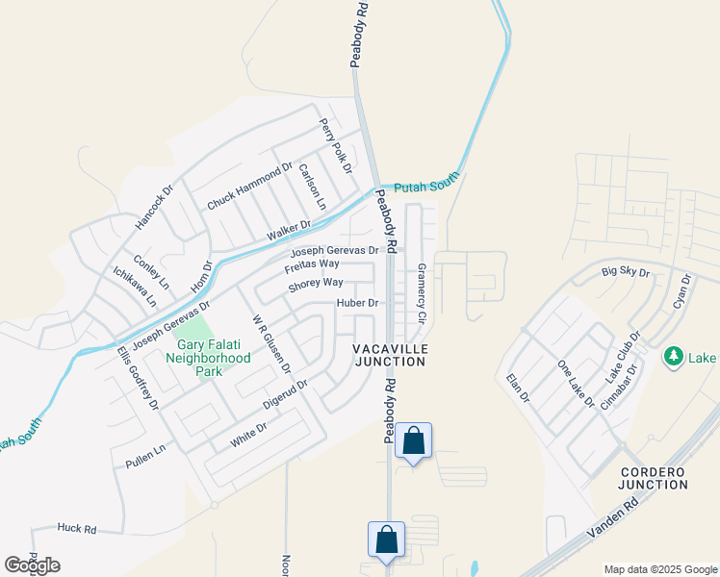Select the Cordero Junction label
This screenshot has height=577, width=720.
pos(654,478)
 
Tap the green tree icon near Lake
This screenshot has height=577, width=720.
pos(674,358)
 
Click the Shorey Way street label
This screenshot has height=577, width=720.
pos(316,283)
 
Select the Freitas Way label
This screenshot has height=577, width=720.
pos(312,263)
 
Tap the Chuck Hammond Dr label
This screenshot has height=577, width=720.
pos(249,188)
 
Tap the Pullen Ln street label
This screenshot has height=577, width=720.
pos(145,457)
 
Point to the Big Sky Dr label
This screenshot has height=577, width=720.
pos(626,273)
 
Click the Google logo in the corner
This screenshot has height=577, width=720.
pos(32,565)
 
